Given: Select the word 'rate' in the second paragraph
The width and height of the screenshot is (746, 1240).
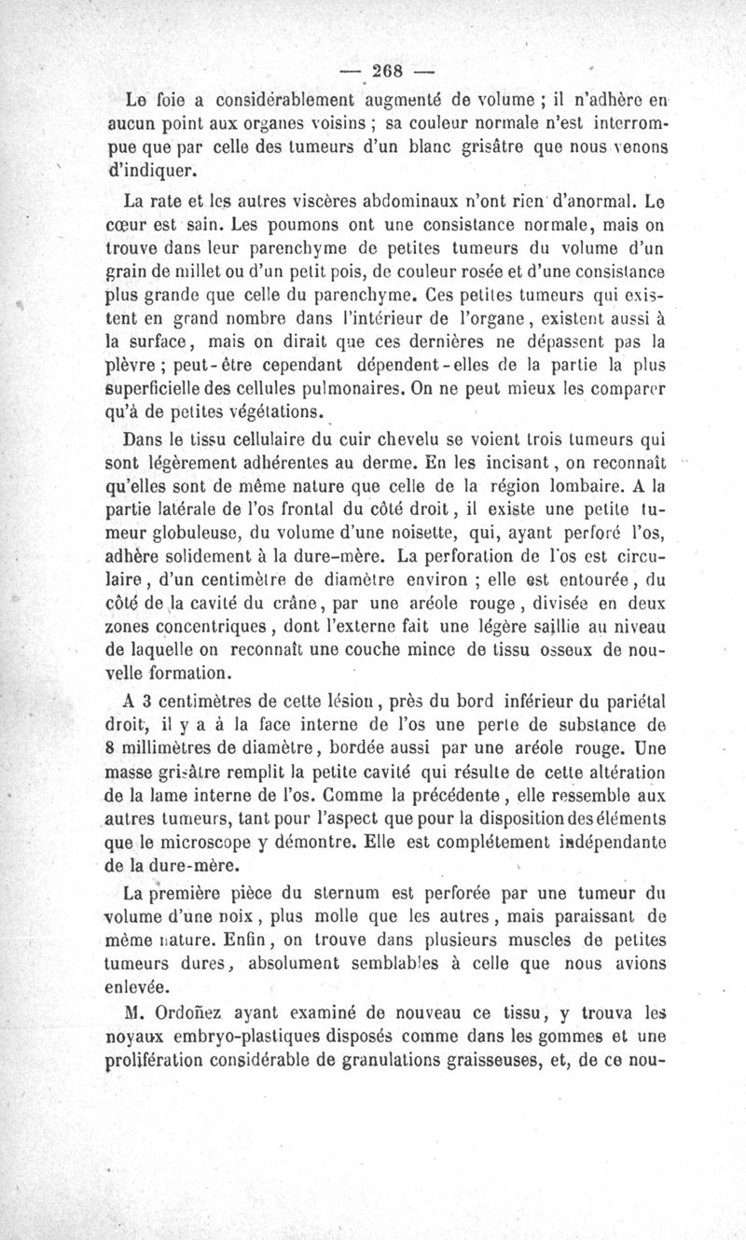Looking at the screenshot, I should (x=177, y=200).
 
